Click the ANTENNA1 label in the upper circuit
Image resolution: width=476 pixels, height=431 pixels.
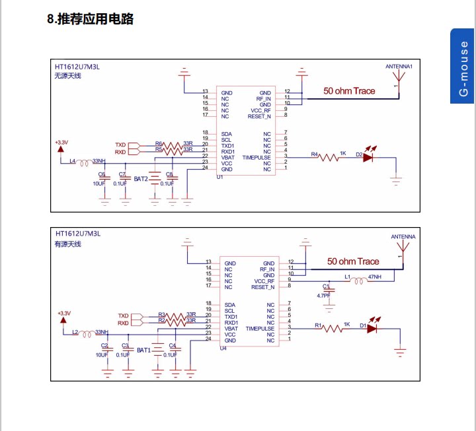(x=399, y=67)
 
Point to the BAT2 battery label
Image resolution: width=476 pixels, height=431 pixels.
(x=141, y=179)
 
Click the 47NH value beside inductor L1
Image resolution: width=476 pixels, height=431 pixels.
(x=375, y=276)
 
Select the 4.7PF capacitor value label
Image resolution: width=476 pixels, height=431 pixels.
(x=324, y=296)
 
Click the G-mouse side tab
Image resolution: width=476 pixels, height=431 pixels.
(x=463, y=66)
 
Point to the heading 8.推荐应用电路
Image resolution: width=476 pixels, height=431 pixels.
(x=91, y=19)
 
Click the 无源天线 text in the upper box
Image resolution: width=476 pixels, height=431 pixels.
(x=67, y=76)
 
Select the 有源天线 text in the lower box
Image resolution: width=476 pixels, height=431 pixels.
(x=67, y=245)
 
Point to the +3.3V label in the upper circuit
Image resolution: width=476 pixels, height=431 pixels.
(x=61, y=143)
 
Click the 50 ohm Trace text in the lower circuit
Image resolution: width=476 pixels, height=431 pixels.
(x=353, y=261)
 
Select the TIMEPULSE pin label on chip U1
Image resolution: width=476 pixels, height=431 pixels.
(x=257, y=158)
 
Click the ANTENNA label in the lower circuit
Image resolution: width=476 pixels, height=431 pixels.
(x=403, y=236)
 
